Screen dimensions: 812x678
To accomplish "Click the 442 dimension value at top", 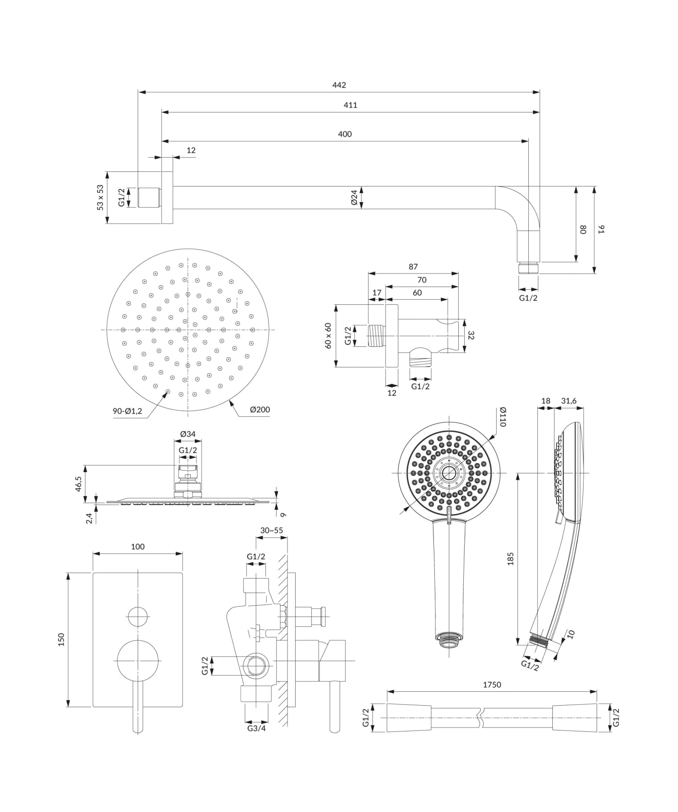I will pyautogui.click(x=339, y=85).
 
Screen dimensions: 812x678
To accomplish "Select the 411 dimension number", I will pyautogui.click(x=350, y=105).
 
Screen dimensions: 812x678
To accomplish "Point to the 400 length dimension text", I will pyautogui.click(x=344, y=134).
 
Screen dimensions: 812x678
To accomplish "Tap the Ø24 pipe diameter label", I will pyautogui.click(x=354, y=198).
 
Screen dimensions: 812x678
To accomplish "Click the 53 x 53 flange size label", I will pyautogui.click(x=100, y=197).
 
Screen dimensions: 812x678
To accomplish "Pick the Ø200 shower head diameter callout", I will pyautogui.click(x=260, y=410).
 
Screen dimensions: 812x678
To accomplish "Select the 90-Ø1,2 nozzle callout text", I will pyautogui.click(x=127, y=411).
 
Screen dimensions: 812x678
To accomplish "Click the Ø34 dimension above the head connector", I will pyautogui.click(x=188, y=434).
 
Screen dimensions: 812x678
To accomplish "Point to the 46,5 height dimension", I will pyautogui.click(x=79, y=484).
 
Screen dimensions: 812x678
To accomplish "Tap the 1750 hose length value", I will pyautogui.click(x=492, y=685).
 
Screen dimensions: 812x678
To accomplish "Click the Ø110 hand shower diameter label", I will pyautogui.click(x=503, y=417).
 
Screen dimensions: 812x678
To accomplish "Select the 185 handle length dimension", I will pyautogui.click(x=510, y=559).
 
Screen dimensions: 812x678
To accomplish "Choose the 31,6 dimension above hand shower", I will pyautogui.click(x=569, y=401).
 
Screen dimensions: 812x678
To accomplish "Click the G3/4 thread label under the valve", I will pyautogui.click(x=256, y=728).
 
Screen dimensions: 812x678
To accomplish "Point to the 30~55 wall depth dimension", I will pyautogui.click(x=272, y=530).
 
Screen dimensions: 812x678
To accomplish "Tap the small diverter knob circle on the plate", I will pyautogui.click(x=138, y=617).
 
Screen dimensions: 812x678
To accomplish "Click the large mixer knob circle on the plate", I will pyautogui.click(x=138, y=661).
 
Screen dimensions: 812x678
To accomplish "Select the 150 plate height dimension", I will pyautogui.click(x=61, y=639).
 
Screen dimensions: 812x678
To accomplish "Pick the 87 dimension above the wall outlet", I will pyautogui.click(x=413, y=267).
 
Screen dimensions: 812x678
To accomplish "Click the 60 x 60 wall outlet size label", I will pyautogui.click(x=328, y=335).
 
